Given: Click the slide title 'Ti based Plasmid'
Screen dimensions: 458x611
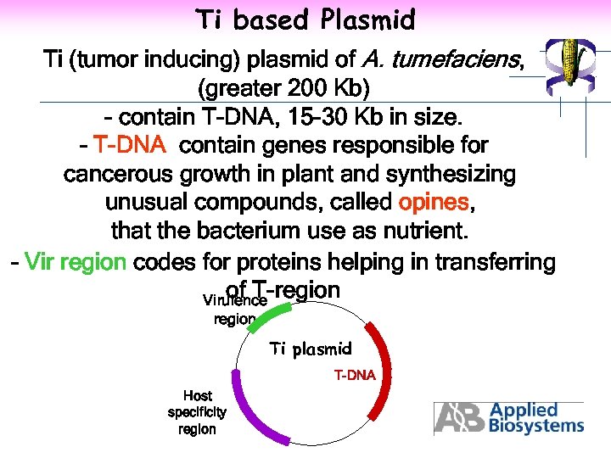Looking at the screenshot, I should tap(305, 19).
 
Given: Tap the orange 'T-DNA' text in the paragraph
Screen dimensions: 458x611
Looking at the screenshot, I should tap(130, 146).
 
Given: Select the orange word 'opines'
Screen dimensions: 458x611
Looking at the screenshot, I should tap(433, 203).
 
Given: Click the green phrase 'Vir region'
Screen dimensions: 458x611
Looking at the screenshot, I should tap(76, 261).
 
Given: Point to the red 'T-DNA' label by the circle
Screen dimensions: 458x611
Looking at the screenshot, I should tap(354, 375).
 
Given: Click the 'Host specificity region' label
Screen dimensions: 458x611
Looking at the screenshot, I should tap(197, 412).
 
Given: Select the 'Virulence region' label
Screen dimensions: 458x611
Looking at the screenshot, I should tap(235, 310).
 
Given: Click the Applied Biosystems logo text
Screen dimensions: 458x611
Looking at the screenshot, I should tap(535, 418).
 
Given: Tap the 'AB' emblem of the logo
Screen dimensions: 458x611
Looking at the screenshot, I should tap(460, 418).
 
